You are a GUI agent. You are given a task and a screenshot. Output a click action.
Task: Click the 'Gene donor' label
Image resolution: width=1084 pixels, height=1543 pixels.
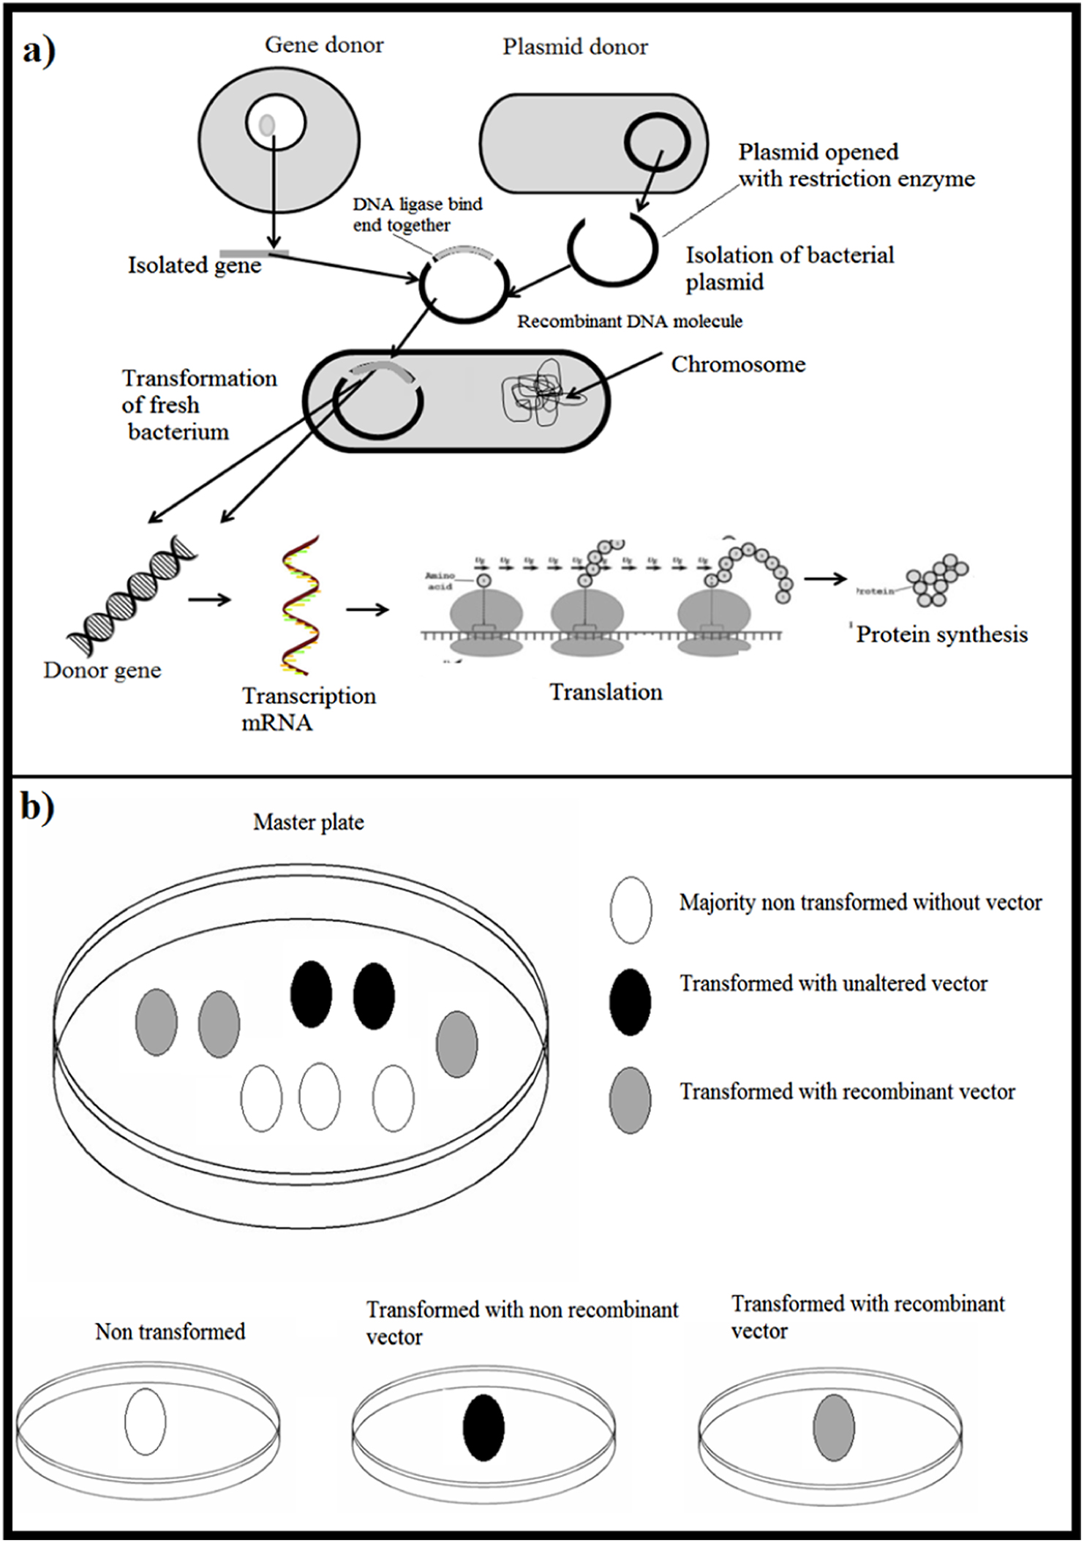[324, 45]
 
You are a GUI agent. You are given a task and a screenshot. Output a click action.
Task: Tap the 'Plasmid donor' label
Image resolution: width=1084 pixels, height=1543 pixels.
[575, 48]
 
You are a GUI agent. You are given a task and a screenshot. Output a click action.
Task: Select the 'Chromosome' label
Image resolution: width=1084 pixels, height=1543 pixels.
[738, 364]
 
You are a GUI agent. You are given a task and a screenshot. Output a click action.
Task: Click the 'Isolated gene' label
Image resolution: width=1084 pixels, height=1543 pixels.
[195, 265]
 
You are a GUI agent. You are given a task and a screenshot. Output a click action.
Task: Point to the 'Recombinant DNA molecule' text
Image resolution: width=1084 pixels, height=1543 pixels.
[630, 321]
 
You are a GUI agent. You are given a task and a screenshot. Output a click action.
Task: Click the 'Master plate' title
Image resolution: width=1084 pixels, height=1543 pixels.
[308, 822]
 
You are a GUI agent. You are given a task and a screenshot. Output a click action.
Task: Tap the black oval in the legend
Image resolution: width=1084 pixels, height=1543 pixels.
[630, 1002]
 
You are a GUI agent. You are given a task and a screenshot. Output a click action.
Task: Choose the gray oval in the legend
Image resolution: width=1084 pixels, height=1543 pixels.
[630, 1100]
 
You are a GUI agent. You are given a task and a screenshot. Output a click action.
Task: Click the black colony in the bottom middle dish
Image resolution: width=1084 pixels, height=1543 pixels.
[483, 1427]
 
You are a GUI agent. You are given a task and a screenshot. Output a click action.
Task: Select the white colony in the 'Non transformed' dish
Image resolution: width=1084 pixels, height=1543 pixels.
[145, 1422]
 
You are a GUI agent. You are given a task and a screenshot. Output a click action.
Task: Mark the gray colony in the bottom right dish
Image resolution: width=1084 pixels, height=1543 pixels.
[834, 1427]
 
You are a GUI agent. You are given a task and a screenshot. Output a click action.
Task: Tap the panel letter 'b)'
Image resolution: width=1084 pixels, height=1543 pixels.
[37, 809]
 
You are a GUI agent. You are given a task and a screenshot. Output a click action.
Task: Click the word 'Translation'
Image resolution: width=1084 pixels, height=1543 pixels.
[606, 692]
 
